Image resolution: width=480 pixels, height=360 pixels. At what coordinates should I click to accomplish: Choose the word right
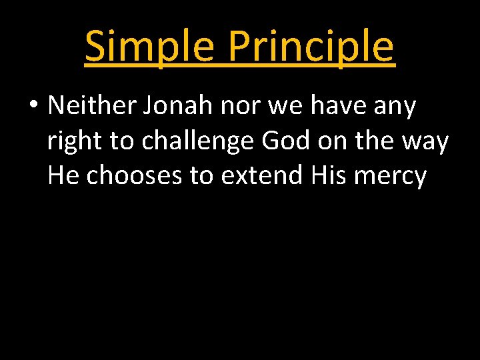[x=75, y=141]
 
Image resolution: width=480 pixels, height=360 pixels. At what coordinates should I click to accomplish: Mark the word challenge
[x=199, y=141]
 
